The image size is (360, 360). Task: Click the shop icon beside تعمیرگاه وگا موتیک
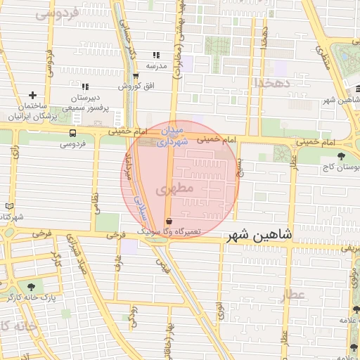point(168,221)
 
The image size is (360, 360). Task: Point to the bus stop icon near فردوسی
point(73,133)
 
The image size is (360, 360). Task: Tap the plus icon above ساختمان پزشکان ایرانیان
point(32,95)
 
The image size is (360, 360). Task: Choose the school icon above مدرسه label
point(156,55)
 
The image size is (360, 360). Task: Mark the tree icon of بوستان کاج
point(342,156)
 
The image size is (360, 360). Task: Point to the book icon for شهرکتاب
point(8,206)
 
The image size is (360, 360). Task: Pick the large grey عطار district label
point(293,295)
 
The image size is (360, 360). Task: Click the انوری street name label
point(220,311)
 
